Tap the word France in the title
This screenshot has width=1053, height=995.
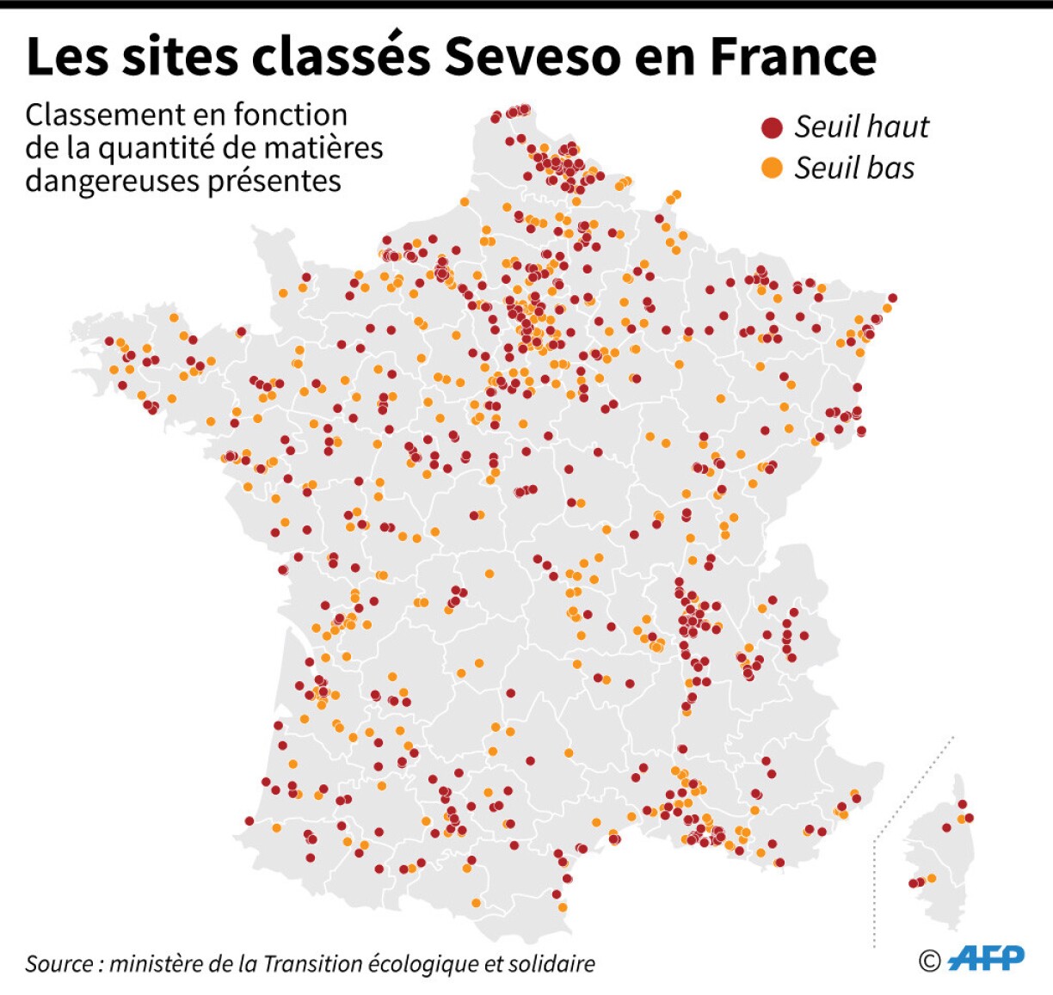pyautogui.click(x=793, y=57)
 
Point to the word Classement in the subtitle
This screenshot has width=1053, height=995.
pyautogui.click(x=102, y=114)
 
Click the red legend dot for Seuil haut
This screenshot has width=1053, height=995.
pyautogui.click(x=772, y=128)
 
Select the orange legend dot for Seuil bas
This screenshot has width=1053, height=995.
pyautogui.click(x=772, y=169)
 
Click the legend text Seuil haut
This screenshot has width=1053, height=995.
pyautogui.click(x=861, y=127)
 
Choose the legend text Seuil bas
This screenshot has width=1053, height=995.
pyautogui.click(x=854, y=169)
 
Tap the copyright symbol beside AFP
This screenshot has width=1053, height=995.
pyautogui.click(x=929, y=961)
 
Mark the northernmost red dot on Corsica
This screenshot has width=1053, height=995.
pyautogui.click(x=963, y=804)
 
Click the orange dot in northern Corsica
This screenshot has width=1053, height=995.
pyautogui.click(x=962, y=819)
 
